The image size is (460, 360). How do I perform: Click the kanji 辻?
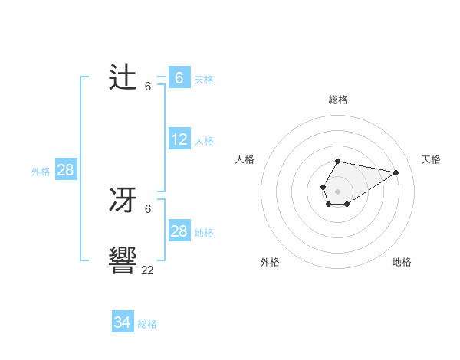[123, 78]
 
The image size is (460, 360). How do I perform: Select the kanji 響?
[123, 261]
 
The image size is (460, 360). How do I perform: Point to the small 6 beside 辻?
[148, 87]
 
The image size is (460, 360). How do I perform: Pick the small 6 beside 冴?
[148, 208]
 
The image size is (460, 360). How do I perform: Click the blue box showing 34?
[123, 322]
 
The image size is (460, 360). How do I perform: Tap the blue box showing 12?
[179, 139]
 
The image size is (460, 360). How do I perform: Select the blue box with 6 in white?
[179, 78]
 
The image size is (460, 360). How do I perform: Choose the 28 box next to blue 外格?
[66, 170]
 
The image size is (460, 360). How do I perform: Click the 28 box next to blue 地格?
[179, 231]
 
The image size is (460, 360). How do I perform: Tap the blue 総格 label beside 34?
[147, 324]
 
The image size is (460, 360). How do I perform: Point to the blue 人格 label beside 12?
[204, 141]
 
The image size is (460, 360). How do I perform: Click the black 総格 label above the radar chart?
[337, 100]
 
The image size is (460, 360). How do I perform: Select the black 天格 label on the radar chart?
[431, 159]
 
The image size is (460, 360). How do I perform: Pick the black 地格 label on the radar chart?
[402, 262]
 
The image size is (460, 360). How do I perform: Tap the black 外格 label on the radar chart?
[270, 262]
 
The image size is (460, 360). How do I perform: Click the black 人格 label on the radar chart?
[245, 159]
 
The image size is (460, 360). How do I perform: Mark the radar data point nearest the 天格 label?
[396, 172]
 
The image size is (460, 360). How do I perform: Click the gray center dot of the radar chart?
[337, 190]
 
